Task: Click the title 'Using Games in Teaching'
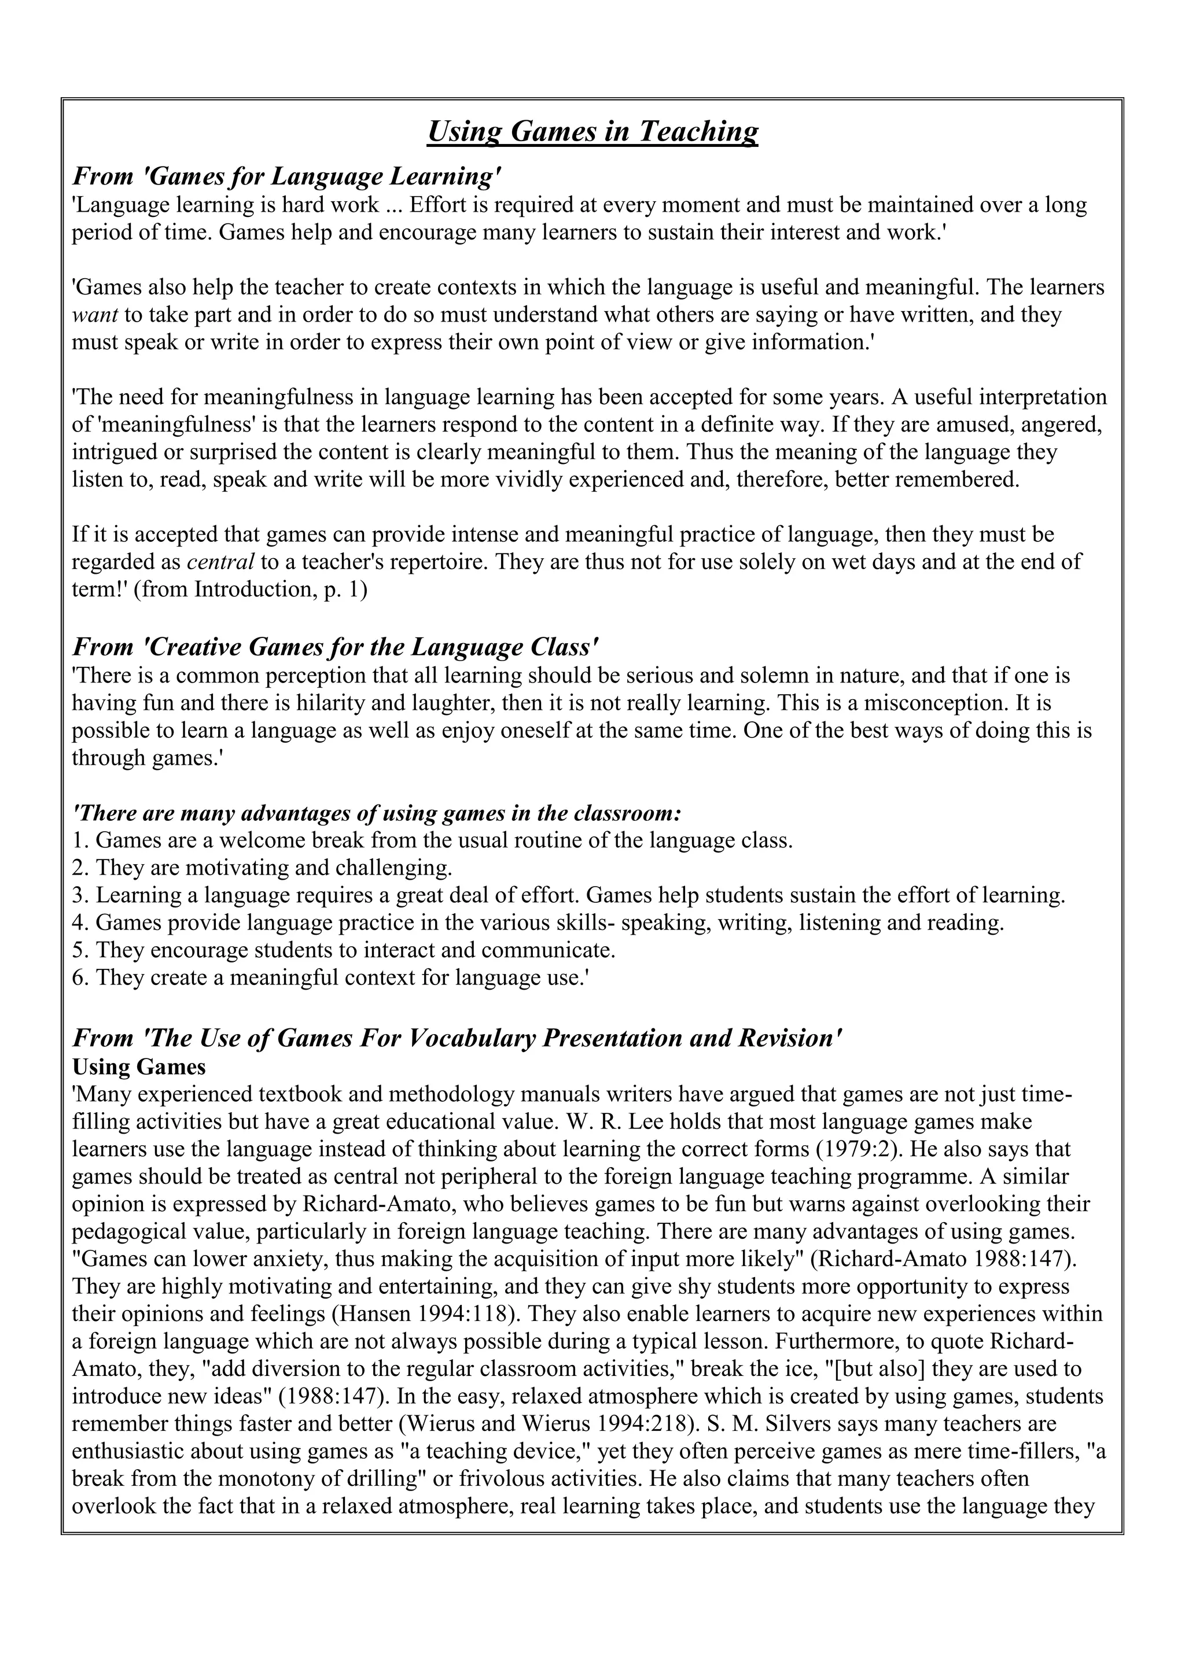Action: tap(592, 132)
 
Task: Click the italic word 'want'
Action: tap(95, 315)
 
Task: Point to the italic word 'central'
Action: tap(220, 562)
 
